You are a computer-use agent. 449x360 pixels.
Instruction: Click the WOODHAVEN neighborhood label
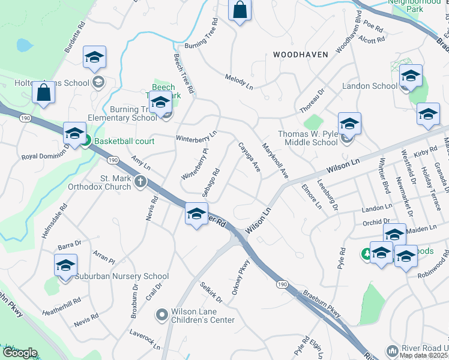[x=301, y=55]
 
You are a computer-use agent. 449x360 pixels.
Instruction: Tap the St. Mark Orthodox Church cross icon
[x=140, y=181]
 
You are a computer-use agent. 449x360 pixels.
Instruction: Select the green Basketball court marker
[x=85, y=142]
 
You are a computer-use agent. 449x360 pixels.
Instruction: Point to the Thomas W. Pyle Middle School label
[x=308, y=138]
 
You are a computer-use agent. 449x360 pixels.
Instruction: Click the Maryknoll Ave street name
[x=276, y=160]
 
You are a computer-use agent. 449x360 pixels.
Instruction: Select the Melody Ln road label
[x=239, y=82]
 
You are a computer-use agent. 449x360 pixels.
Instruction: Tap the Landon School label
[x=370, y=86]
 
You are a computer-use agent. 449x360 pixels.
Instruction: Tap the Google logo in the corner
[x=19, y=353]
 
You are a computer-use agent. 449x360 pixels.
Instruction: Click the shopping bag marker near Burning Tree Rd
[x=240, y=10]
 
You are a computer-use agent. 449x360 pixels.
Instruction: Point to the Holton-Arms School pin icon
[x=98, y=82]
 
